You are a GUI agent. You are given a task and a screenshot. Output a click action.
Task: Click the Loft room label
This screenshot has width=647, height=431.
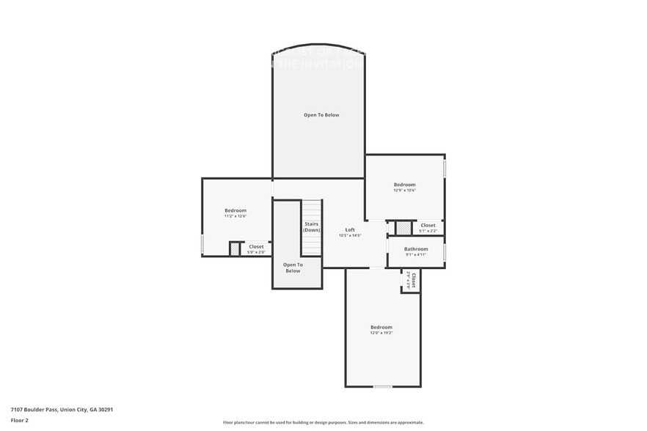(350, 229)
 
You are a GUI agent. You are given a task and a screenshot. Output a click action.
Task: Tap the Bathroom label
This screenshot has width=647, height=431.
(416, 249)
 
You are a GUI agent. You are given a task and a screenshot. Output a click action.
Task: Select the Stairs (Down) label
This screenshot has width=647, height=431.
(312, 227)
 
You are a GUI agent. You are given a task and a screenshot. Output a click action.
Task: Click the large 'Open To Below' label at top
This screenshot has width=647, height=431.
(321, 115)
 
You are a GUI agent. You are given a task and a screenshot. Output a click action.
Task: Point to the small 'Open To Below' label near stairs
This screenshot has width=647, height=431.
(292, 268)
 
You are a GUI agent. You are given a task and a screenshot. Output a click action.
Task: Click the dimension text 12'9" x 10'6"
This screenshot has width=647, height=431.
(404, 191)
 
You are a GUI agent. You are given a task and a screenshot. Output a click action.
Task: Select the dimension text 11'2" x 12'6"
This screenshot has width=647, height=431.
(235, 216)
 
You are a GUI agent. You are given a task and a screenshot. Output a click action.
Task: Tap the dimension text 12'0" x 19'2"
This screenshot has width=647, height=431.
(381, 333)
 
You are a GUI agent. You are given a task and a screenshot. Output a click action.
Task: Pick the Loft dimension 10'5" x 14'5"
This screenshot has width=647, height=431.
(350, 235)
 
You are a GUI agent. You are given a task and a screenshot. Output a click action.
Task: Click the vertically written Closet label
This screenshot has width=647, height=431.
(414, 279)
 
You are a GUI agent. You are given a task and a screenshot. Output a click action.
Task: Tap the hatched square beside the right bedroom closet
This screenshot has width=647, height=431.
(402, 227)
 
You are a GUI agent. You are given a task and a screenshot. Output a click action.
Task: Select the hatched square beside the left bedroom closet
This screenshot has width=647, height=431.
(235, 249)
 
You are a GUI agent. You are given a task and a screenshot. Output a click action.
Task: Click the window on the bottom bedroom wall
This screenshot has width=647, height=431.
(382, 386)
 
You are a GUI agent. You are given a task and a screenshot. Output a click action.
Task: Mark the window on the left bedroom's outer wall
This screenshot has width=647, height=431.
(202, 244)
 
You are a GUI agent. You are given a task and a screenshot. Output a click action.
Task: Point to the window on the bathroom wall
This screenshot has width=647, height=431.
(445, 252)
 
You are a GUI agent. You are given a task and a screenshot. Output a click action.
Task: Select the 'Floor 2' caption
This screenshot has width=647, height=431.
(19, 421)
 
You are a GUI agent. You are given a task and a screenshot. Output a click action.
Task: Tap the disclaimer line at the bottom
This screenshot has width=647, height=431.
(323, 423)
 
